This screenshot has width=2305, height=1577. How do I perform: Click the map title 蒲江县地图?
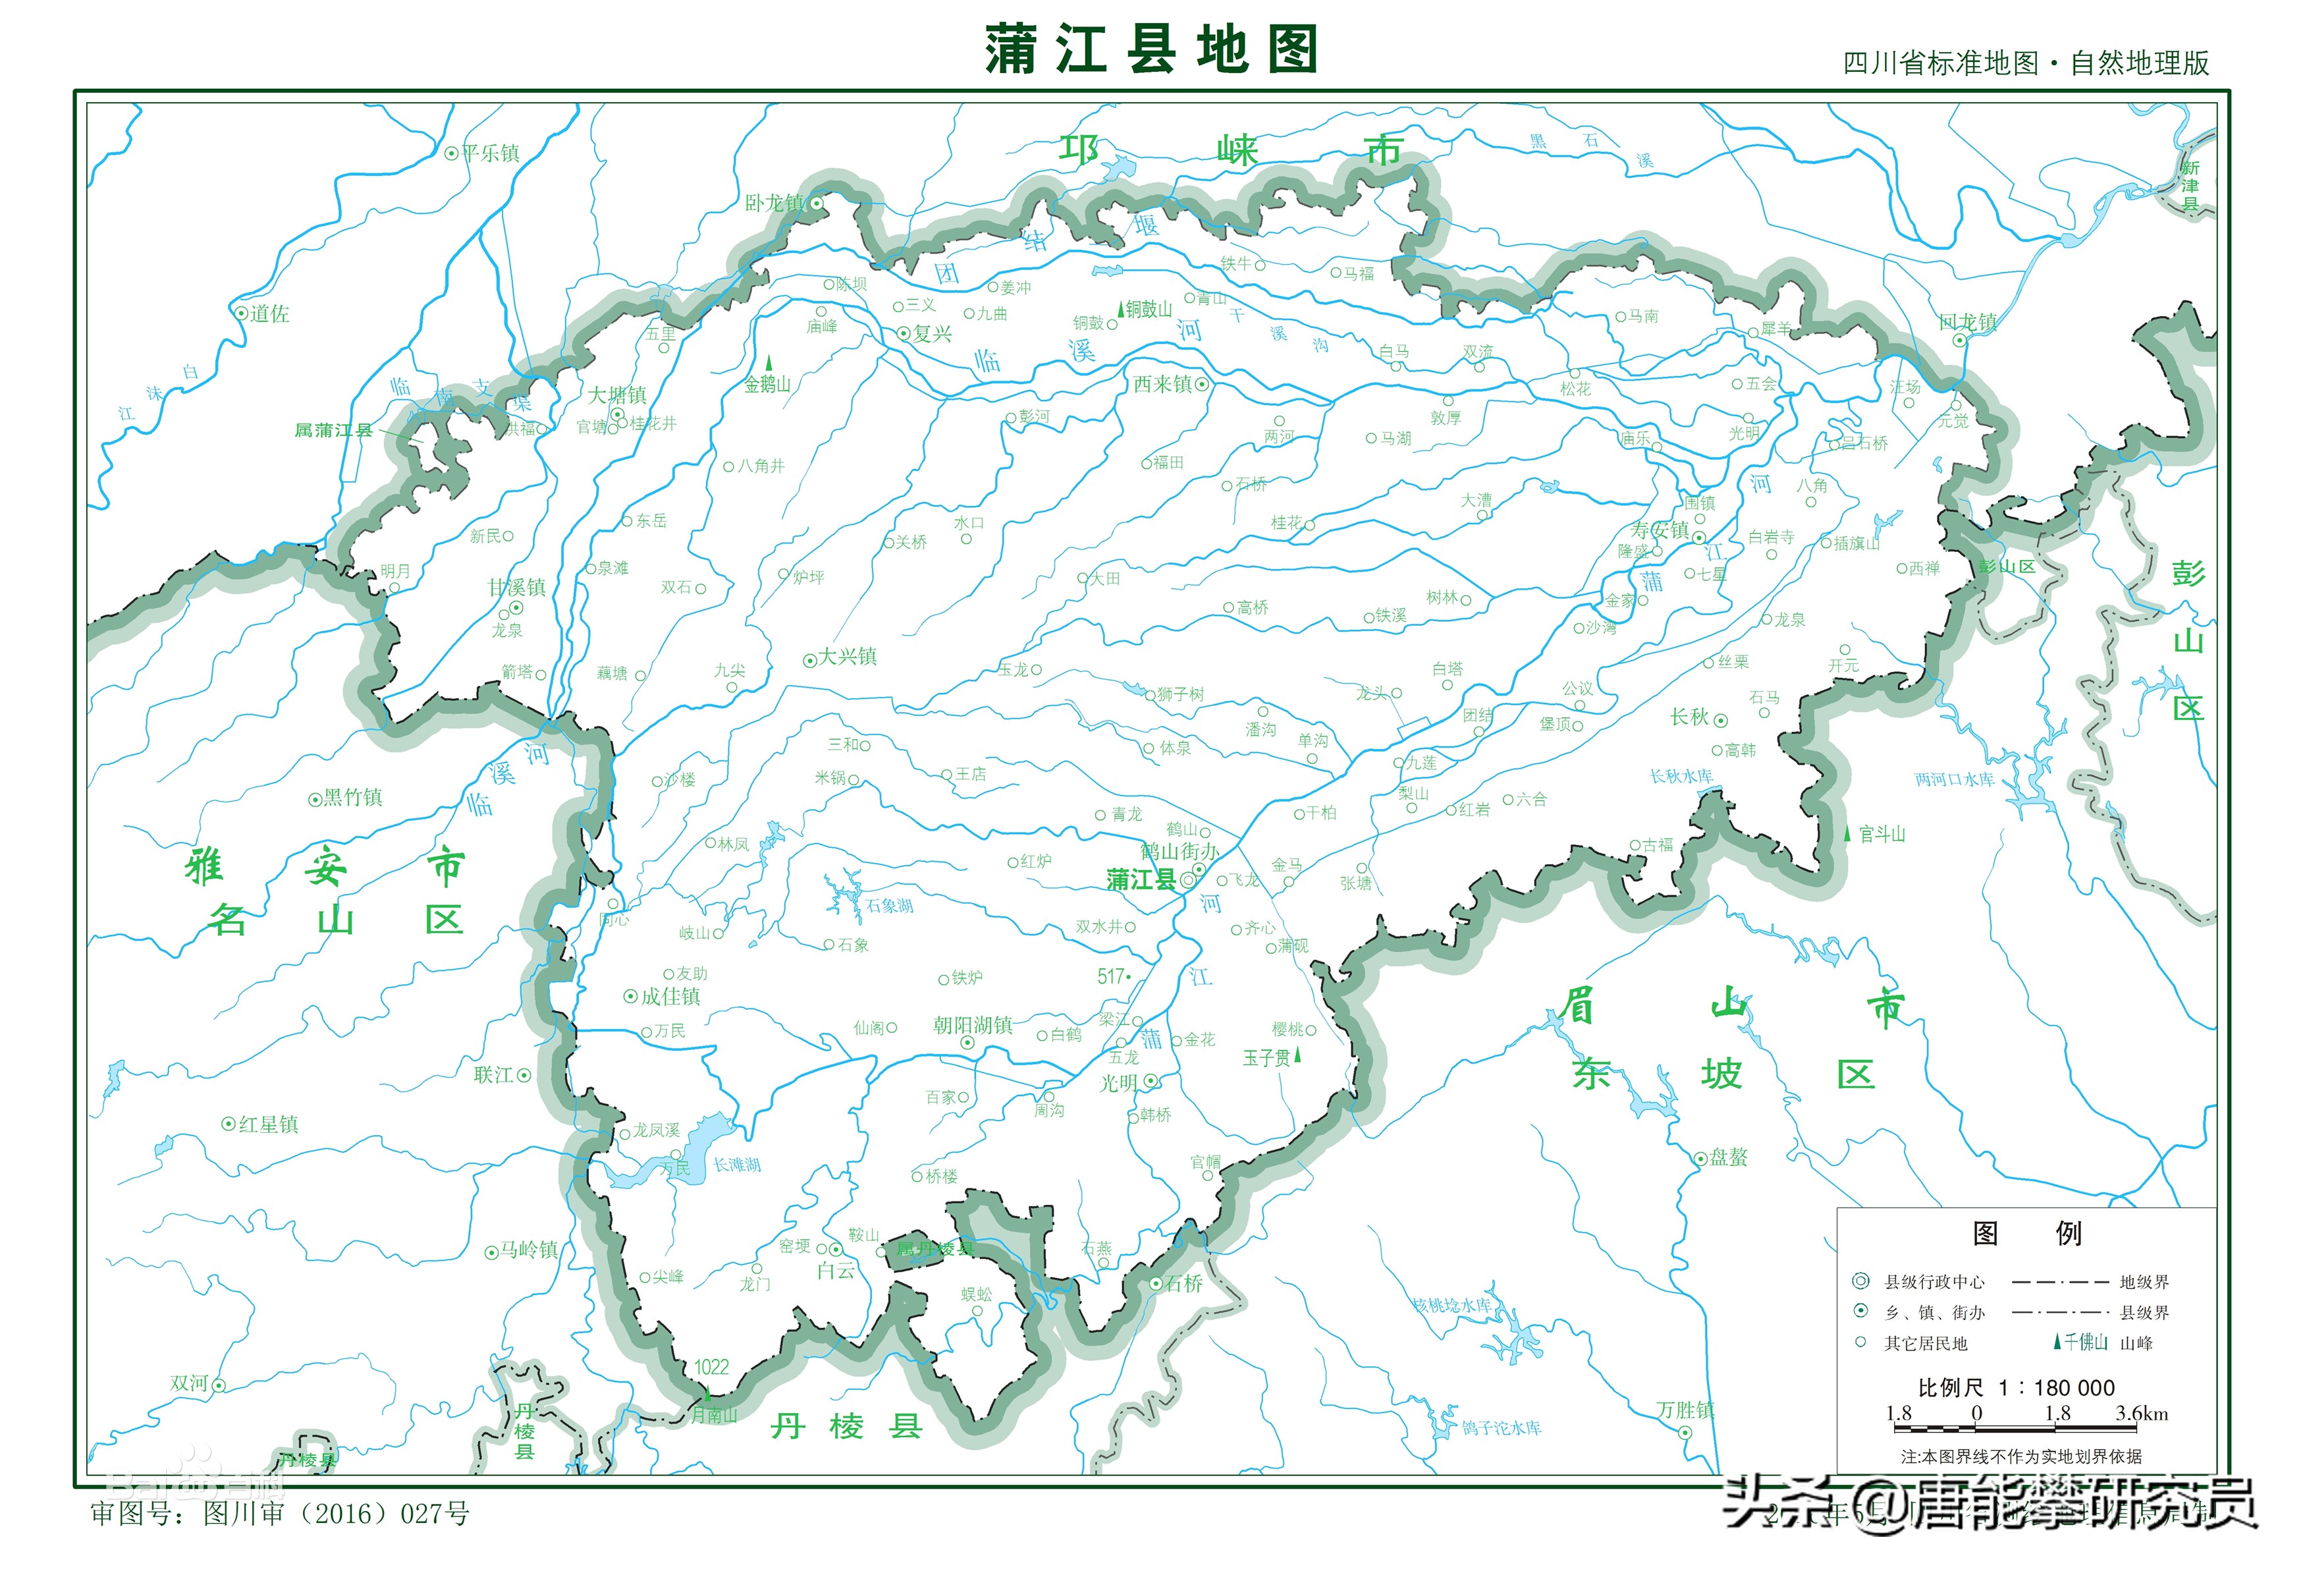click(1151, 49)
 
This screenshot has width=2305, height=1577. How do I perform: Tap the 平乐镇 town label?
click(490, 153)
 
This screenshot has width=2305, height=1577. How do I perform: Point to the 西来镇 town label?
click(1164, 384)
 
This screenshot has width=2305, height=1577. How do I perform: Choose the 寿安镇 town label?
click(1660, 530)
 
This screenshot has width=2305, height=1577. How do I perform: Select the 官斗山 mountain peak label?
click(1882, 834)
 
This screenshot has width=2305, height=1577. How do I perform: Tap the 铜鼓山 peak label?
click(1149, 310)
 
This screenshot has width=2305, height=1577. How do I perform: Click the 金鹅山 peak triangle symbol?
click(769, 363)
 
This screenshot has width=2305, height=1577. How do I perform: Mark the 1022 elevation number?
click(711, 1367)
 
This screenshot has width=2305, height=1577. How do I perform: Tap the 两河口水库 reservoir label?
click(1954, 779)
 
